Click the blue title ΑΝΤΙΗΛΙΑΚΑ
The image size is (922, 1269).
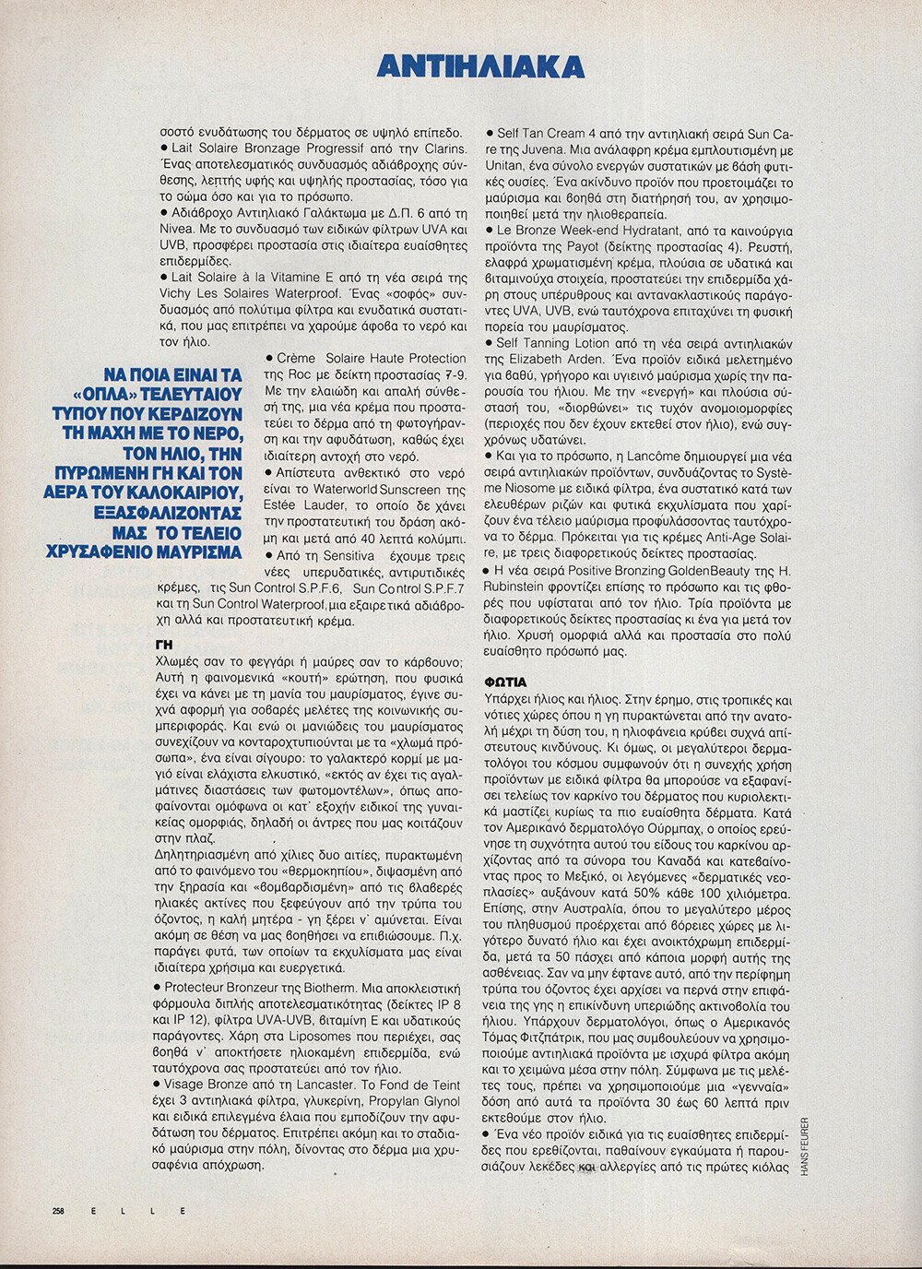point(480,67)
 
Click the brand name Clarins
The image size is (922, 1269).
point(443,148)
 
